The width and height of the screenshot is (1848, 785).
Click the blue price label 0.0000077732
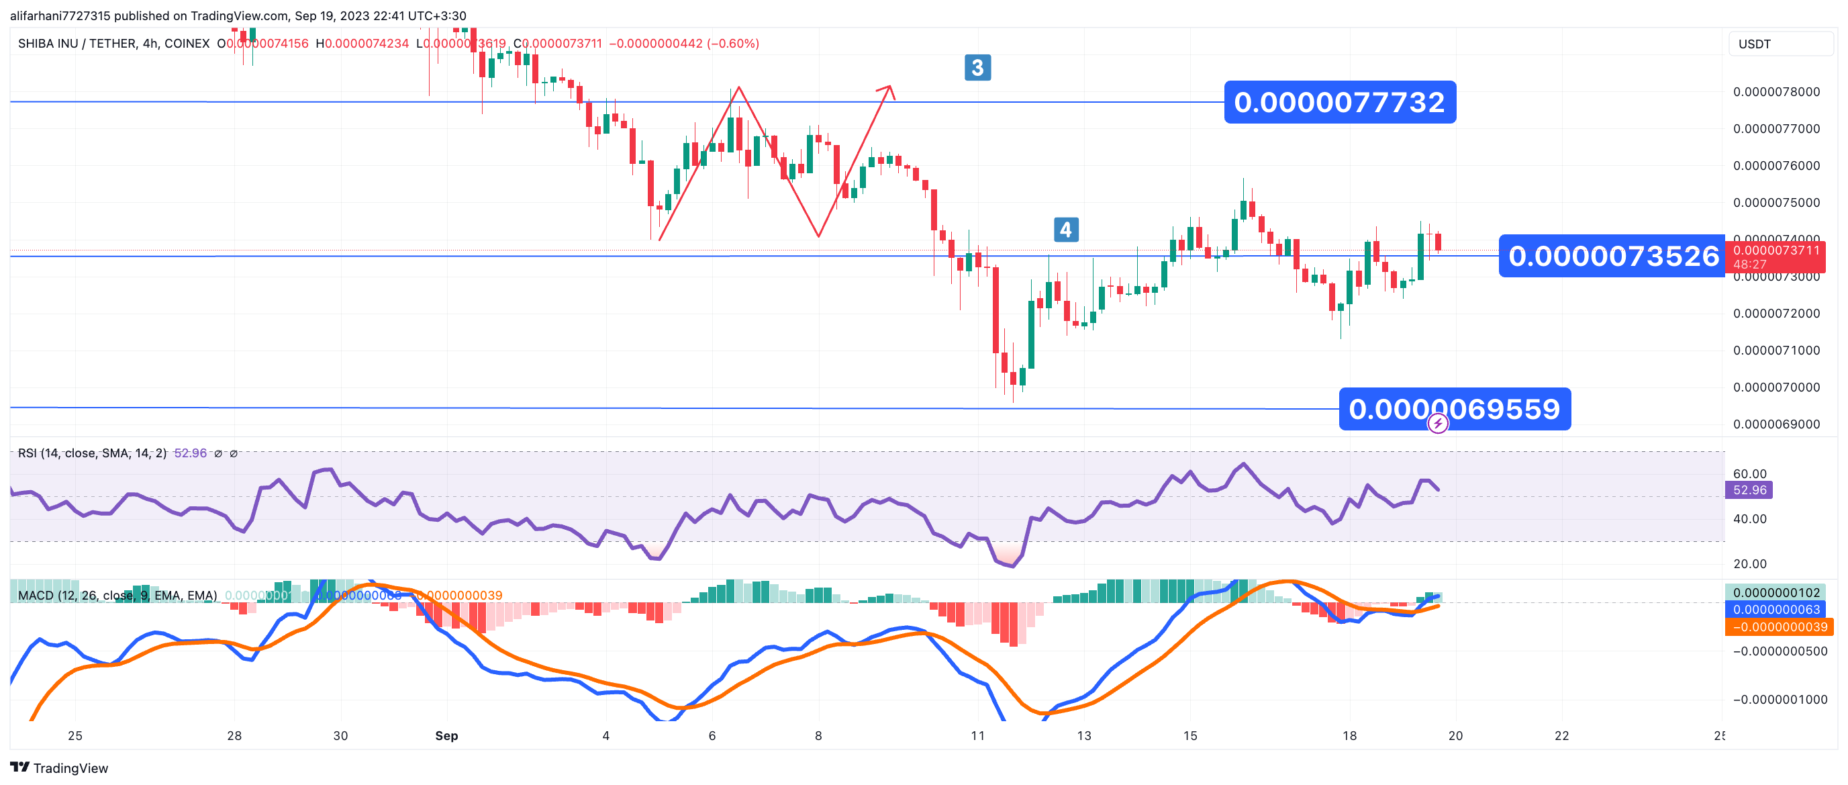[x=1339, y=102]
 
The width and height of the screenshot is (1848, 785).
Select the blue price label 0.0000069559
[x=1454, y=409]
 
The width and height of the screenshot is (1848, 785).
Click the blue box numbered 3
[x=977, y=67]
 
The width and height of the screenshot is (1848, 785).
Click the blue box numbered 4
[x=1065, y=230]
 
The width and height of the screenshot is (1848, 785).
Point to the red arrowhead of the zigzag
[x=887, y=89]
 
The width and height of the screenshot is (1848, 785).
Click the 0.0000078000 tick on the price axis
[x=1776, y=92]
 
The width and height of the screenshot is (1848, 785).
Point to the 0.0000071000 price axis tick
[x=1776, y=350]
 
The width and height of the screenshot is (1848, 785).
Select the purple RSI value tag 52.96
[x=1749, y=490]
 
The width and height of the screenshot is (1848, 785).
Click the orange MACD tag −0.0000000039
[x=1779, y=627]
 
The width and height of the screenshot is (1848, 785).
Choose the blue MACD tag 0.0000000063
[x=1776, y=610]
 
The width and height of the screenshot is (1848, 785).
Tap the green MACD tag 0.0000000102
[x=1776, y=593]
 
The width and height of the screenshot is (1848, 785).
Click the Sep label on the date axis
[x=446, y=735]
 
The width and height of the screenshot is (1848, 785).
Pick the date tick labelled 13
[x=1084, y=735]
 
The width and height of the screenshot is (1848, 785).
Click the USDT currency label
[x=1755, y=44]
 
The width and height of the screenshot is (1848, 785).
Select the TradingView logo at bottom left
[x=60, y=768]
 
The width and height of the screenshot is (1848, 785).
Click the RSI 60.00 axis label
[x=1750, y=473]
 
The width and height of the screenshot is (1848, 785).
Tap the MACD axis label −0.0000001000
[x=1780, y=700]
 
